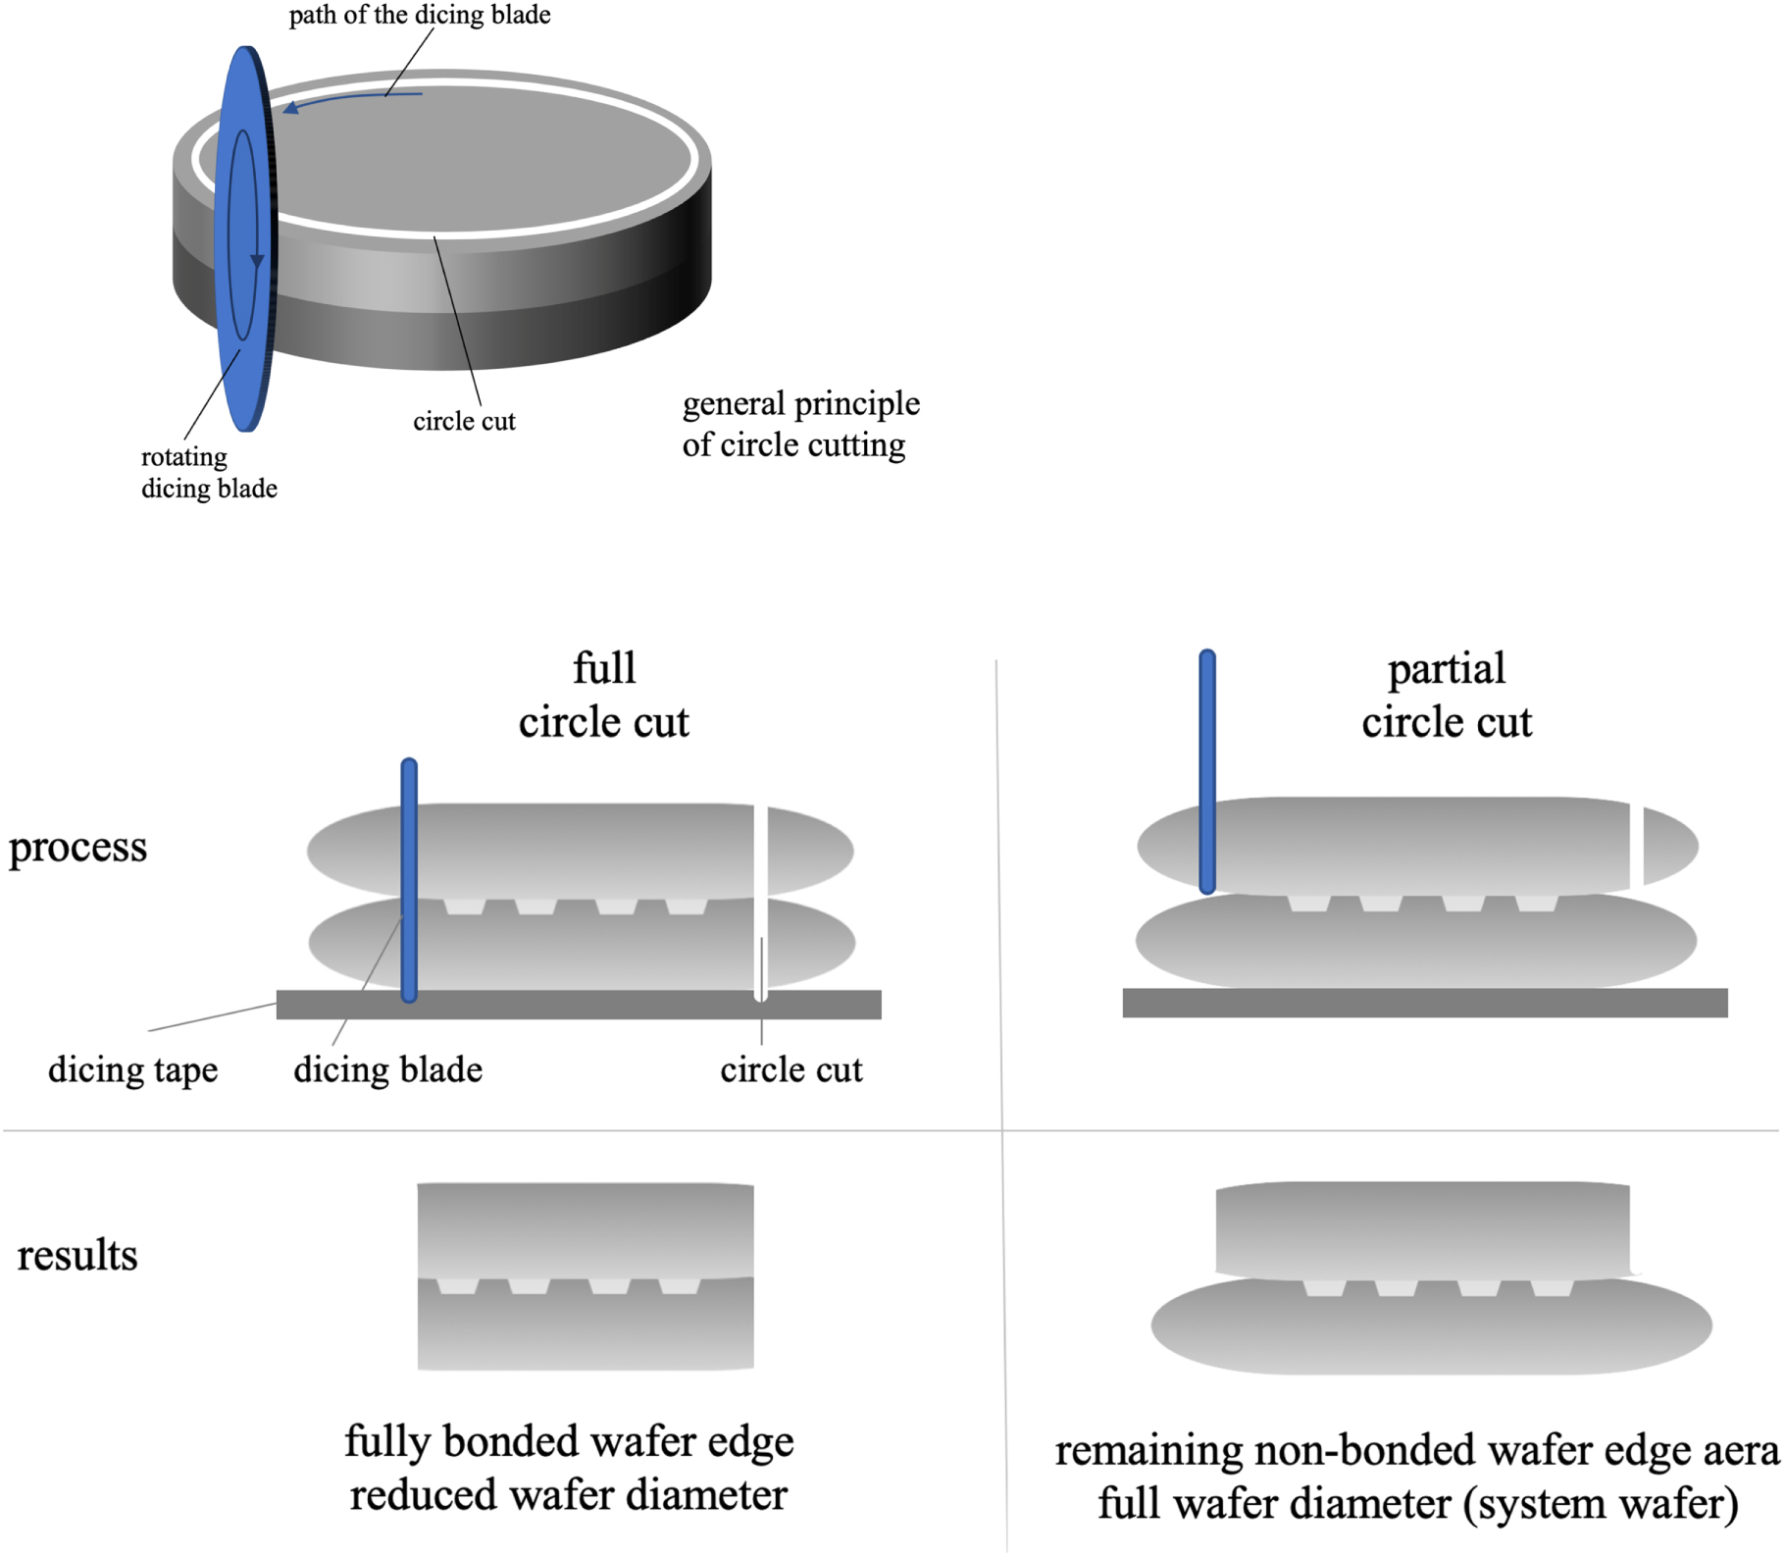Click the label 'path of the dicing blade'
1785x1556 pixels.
[x=419, y=16]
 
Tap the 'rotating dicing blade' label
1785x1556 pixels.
[x=208, y=472]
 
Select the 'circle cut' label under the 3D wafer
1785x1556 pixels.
[x=463, y=421]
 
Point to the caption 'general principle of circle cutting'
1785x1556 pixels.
[x=800, y=424]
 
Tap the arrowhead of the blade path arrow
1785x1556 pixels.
[x=291, y=108]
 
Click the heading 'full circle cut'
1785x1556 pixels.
[x=603, y=695]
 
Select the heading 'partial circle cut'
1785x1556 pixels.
[x=1446, y=695]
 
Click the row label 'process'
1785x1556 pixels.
[x=77, y=847]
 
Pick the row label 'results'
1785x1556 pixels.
[x=77, y=1255]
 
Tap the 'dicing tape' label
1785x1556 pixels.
[x=132, y=1069]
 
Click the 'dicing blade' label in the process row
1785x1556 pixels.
[x=387, y=1069]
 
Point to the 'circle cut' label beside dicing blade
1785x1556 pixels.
[x=790, y=1069]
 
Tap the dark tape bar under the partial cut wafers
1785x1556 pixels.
[x=1424, y=1003]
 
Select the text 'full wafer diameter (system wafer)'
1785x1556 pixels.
[x=1417, y=1503]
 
